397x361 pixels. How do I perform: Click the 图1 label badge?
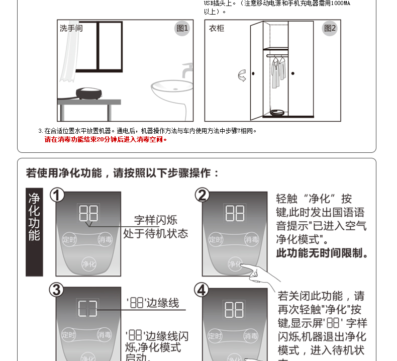[182, 28]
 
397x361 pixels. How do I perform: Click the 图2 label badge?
[330, 28]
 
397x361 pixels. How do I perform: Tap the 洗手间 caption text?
[71, 28]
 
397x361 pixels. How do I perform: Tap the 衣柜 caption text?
[217, 28]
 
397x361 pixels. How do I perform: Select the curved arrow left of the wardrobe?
[242, 76]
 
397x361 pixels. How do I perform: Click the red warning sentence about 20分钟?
[106, 139]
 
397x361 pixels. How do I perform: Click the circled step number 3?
[57, 290]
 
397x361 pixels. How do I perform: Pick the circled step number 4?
[202, 290]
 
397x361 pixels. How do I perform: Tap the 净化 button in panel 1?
[88, 263]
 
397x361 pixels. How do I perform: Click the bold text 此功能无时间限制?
[322, 253]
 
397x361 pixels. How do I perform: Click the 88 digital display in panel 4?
[235, 309]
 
